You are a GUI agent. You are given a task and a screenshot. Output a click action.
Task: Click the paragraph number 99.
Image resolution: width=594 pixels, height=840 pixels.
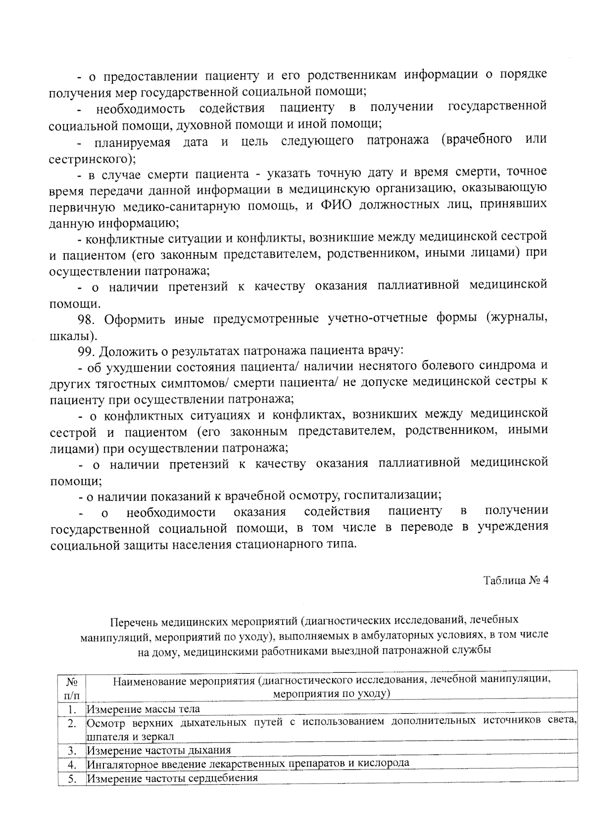[x=87, y=351]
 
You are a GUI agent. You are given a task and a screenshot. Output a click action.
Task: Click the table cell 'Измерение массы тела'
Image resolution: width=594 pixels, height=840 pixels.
[x=144, y=709]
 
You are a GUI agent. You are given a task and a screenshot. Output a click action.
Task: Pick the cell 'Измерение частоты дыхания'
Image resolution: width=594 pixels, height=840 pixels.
[x=159, y=750]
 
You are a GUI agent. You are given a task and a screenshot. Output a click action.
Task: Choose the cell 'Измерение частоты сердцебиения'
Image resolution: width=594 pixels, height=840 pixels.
[x=172, y=778]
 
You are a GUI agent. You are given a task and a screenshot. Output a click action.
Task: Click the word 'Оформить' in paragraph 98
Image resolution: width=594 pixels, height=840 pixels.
[x=134, y=319]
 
